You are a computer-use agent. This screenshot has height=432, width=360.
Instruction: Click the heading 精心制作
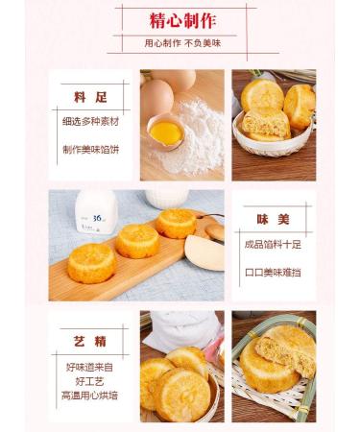coord(180,20)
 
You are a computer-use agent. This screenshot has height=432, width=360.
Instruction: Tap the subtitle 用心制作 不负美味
coord(180,44)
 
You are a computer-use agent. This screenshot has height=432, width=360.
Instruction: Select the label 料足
coord(91,96)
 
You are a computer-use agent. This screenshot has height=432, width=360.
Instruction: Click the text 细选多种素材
coord(91,122)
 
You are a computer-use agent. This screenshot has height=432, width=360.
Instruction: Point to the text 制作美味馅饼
coord(91,150)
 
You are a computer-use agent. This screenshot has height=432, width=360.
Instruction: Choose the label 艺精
coord(91,341)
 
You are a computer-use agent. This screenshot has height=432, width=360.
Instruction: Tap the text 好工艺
coord(91,381)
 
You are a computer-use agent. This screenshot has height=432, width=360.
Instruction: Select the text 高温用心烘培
coord(91,396)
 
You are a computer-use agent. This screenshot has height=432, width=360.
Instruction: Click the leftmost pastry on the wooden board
coord(91,262)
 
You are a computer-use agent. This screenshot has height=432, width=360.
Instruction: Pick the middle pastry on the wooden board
coord(137,240)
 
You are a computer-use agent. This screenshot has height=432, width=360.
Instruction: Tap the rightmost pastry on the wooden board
coord(177,223)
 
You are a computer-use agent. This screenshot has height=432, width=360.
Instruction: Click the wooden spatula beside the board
coord(205,248)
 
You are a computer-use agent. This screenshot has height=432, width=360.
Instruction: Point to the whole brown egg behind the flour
coord(158,93)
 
